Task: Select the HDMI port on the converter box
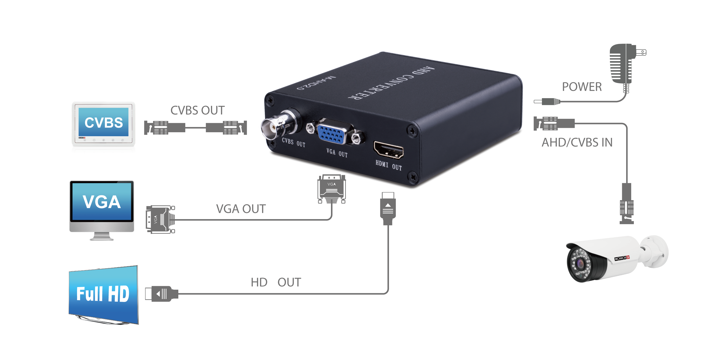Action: pyautogui.click(x=389, y=150)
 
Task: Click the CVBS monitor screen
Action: pyautogui.click(x=103, y=122)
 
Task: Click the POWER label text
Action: pyautogui.click(x=582, y=87)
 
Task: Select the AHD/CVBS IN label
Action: pyautogui.click(x=577, y=143)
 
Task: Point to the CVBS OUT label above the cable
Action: pyautogui.click(x=197, y=110)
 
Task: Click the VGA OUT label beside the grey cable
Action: pyautogui.click(x=241, y=209)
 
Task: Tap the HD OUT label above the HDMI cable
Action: pyautogui.click(x=276, y=282)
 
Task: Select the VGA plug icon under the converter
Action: pyautogui.click(x=331, y=189)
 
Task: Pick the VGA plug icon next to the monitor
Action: pyautogui.click(x=160, y=220)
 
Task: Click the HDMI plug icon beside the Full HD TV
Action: pyautogui.click(x=161, y=294)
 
